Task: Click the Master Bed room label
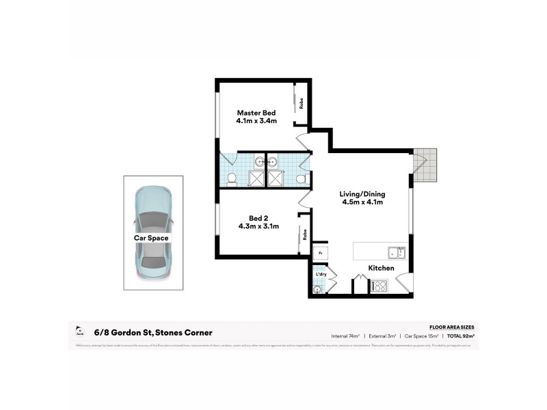tap(256, 113)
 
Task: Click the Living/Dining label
tap(361, 193)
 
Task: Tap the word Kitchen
tap(381, 269)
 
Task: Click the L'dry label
tap(321, 275)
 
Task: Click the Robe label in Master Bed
tap(302, 104)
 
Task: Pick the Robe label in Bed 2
tap(305, 233)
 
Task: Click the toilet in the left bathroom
tap(232, 180)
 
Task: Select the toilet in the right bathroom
tap(301, 179)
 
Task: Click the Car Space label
tap(151, 238)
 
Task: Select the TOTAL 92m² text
tap(462, 335)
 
